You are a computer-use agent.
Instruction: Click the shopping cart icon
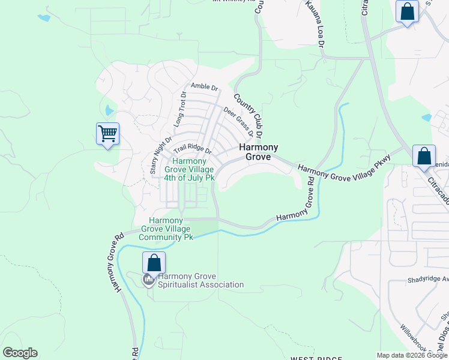[107, 134]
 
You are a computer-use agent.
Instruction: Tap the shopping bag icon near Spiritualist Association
[154, 263]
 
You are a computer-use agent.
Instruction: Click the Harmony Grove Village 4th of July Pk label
[190, 169]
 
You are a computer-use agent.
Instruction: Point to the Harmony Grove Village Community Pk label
[166, 229]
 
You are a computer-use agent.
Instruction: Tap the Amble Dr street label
[204, 86]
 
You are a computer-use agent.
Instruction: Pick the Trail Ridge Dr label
[193, 148]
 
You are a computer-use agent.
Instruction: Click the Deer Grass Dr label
[238, 122]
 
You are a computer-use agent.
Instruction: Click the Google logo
[20, 353]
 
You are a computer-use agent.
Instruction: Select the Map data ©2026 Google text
[412, 355]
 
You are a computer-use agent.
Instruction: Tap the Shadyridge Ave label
[427, 279]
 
